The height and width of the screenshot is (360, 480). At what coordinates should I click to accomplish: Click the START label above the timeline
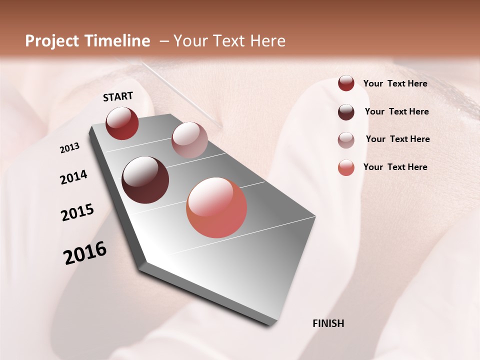click(118, 96)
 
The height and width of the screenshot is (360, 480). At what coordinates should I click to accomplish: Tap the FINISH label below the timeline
click(328, 323)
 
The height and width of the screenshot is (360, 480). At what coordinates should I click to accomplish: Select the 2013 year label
click(70, 148)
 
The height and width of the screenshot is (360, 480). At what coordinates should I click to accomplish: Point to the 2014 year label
click(73, 177)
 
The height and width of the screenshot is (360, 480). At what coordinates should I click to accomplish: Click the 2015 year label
click(77, 212)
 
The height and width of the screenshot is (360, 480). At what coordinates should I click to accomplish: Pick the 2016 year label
click(85, 253)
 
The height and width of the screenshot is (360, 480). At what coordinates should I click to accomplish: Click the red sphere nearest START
click(122, 123)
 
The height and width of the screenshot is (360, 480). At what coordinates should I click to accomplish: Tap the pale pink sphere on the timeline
click(189, 140)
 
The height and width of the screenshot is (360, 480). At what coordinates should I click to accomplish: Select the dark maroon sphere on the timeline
click(145, 180)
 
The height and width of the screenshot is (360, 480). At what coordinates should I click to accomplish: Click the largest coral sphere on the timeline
click(216, 207)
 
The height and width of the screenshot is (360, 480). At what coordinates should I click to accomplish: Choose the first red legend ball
click(346, 83)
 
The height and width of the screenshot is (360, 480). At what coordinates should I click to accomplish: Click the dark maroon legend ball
click(346, 112)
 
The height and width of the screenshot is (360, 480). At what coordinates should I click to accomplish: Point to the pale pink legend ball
click(346, 140)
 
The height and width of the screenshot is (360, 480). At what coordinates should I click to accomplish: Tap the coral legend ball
click(346, 167)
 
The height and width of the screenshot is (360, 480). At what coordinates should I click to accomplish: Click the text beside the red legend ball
click(395, 84)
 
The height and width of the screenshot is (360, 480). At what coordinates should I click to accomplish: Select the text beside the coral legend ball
click(395, 167)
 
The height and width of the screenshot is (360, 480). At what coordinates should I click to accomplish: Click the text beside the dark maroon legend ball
click(396, 111)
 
